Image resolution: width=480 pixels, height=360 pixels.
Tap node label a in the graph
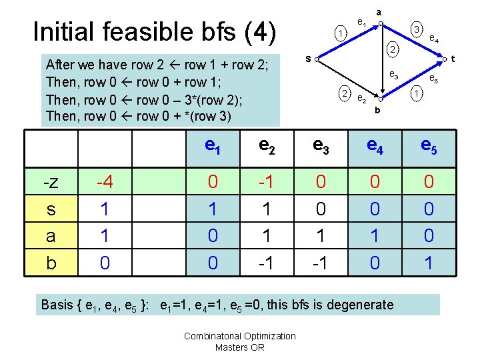click(379, 11)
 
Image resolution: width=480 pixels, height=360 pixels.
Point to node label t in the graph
click(453, 59)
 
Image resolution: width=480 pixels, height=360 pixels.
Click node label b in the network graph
click(377, 109)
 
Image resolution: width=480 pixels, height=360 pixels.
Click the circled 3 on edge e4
click(415, 31)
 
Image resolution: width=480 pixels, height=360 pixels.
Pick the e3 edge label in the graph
click(394, 75)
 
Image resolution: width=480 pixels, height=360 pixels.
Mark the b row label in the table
click(51, 263)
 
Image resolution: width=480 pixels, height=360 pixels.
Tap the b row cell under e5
click(429, 263)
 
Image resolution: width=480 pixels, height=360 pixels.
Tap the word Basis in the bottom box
click(58, 305)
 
